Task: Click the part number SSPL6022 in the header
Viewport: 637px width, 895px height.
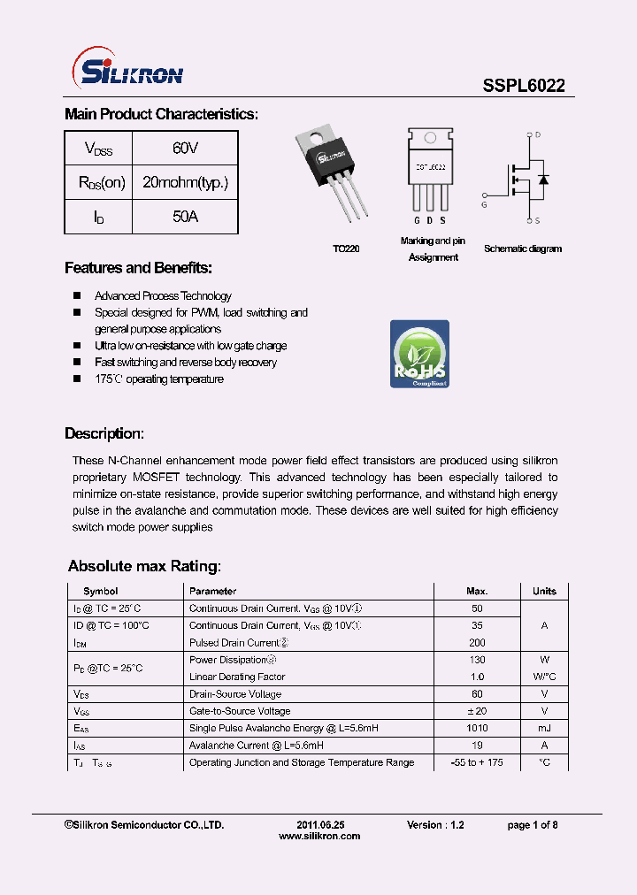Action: click(524, 86)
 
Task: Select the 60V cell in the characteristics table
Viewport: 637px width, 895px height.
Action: click(185, 149)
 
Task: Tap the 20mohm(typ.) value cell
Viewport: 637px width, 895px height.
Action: click(185, 183)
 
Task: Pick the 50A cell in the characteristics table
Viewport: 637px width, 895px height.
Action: click(185, 217)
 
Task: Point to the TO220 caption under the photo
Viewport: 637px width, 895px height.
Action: click(346, 249)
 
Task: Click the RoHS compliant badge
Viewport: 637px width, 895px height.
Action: click(419, 354)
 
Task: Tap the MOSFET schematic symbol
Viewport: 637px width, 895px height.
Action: click(527, 178)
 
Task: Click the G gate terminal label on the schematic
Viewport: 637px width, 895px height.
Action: click(484, 205)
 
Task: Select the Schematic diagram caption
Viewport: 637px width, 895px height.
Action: click(522, 249)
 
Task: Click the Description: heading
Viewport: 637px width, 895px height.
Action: click(104, 434)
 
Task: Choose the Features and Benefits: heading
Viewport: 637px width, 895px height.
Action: click(138, 268)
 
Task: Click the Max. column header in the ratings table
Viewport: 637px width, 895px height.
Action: click(477, 591)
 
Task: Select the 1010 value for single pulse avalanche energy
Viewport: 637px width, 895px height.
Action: click(477, 728)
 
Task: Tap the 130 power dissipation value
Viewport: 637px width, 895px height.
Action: click(477, 660)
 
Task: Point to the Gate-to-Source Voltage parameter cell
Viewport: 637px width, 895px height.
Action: click(240, 711)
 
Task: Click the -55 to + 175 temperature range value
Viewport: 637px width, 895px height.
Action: click(477, 762)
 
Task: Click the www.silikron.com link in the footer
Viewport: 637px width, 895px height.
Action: click(319, 837)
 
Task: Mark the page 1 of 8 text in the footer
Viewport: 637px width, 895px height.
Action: click(532, 824)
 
